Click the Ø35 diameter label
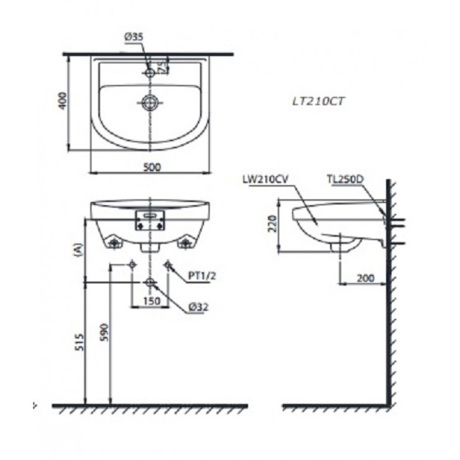(x=134, y=38)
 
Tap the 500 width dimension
(x=152, y=167)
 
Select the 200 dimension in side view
(x=366, y=278)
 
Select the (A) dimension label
(x=77, y=250)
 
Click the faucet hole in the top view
(x=150, y=73)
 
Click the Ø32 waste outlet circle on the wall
(x=150, y=283)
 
